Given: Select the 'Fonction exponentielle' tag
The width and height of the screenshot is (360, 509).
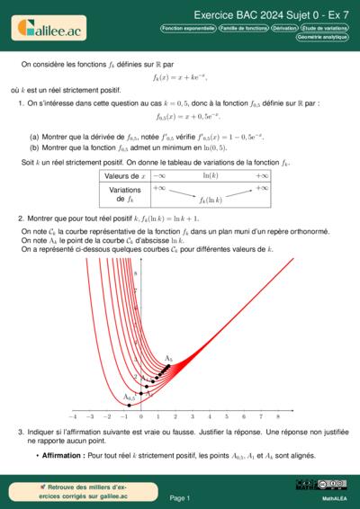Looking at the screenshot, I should (x=188, y=29).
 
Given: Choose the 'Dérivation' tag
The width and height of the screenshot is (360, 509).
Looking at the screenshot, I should (x=284, y=29).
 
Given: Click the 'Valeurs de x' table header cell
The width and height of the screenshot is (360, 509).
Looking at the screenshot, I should (x=124, y=175).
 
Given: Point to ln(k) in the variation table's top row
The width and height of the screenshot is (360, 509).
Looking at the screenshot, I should (x=211, y=175).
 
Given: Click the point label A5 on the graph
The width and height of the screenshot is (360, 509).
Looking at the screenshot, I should (x=168, y=357).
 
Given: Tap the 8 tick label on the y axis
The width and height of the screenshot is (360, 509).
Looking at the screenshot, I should (x=135, y=272).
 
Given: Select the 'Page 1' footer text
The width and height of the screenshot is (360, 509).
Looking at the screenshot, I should (x=179, y=497).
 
